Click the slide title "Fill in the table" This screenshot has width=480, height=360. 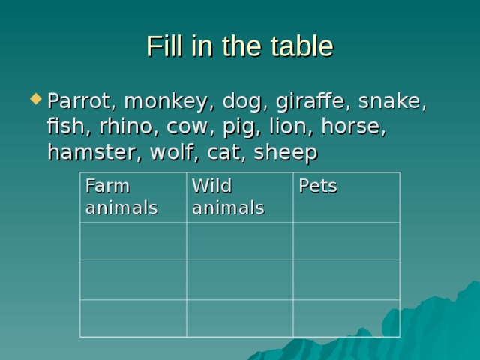point(239,46)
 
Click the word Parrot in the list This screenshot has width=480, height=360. point(80,100)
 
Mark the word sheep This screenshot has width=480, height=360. point(286,152)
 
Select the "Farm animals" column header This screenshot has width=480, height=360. point(121,196)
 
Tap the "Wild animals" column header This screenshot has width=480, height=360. point(228,196)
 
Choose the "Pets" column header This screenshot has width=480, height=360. point(318,187)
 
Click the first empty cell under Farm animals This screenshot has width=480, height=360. point(133,241)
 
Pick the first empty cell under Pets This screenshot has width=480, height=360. point(346,241)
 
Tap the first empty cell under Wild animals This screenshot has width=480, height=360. point(239,241)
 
